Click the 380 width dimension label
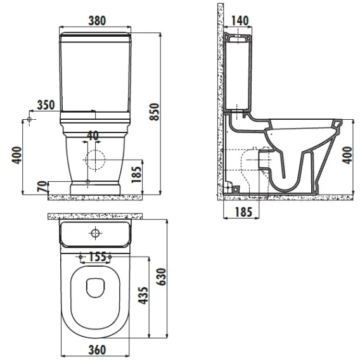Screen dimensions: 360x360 97,21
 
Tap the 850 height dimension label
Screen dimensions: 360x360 154,112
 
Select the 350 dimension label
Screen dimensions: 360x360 46,105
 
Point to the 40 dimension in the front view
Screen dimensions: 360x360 93,136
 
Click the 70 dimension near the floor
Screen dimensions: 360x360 42,186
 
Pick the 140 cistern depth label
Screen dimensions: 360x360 240,21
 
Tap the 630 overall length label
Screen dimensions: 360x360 161,277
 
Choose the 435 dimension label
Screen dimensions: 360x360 143,295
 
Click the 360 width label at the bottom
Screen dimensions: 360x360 97,350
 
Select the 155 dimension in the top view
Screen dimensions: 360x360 98,257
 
